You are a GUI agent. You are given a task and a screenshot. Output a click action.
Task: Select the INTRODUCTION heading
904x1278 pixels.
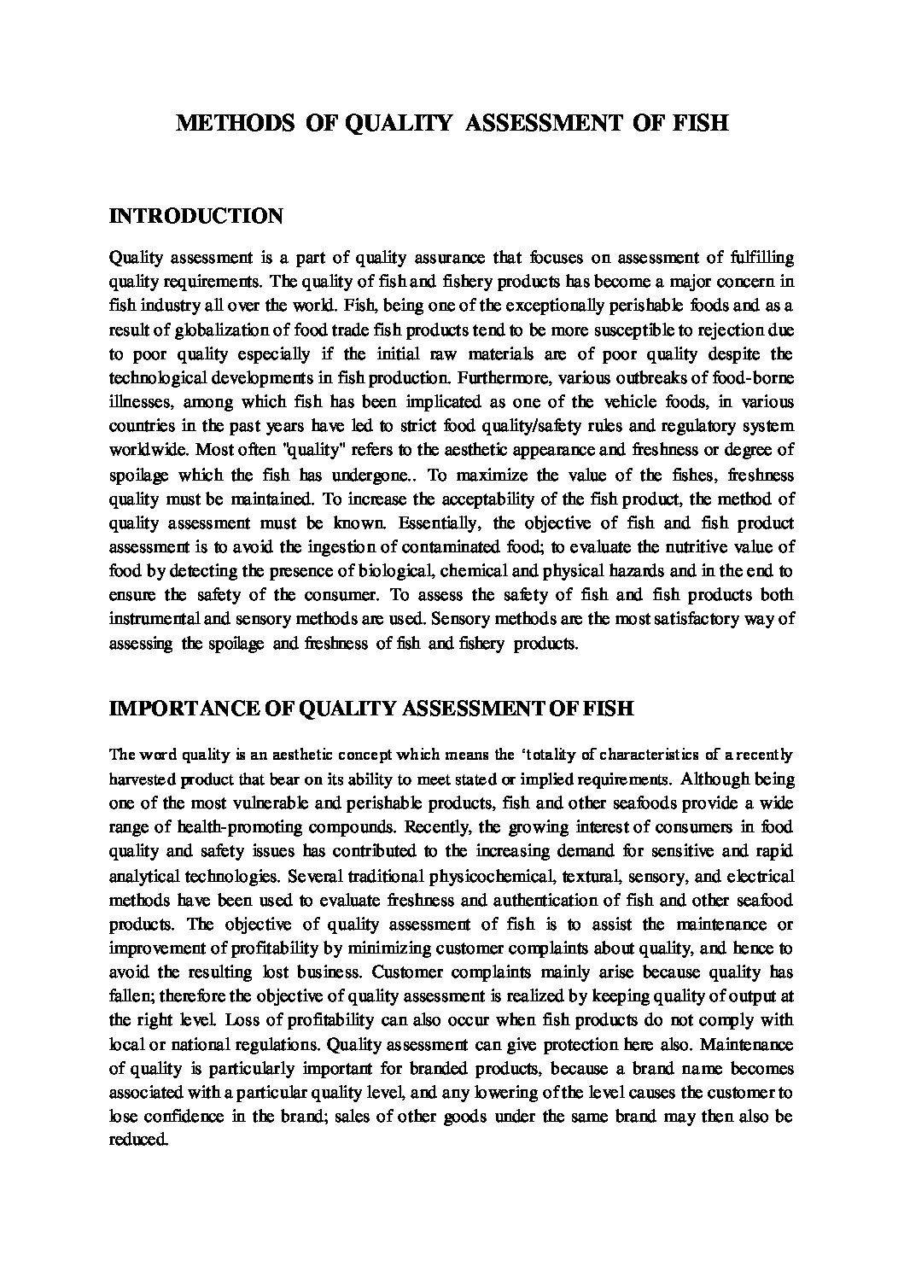tap(196, 216)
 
